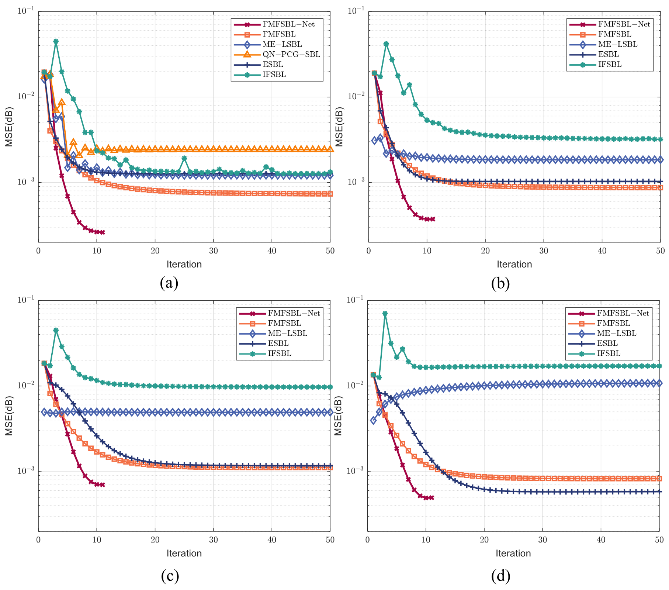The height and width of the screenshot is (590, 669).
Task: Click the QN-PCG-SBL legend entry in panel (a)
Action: coord(291,55)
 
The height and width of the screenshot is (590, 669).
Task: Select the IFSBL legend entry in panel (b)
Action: coord(610,65)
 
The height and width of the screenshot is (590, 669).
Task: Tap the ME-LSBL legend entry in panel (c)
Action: coord(287,334)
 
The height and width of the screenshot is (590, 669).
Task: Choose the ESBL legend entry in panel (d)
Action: coord(607,344)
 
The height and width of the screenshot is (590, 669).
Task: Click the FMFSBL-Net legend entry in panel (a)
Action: coord(288,25)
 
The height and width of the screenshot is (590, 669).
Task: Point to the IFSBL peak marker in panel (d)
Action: coord(385,314)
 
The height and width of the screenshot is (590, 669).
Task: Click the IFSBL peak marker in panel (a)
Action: coord(56,42)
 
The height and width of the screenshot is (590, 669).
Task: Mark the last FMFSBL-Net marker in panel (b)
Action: coord(433,219)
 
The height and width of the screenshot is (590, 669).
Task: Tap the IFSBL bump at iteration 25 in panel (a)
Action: coord(184,158)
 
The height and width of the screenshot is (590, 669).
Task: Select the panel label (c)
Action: coord(170,576)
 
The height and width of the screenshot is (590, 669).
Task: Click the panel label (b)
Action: coord(500,283)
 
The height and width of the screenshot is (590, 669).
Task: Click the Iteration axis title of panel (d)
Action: coord(513,553)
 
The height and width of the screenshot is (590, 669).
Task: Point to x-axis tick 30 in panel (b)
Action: coord(544,251)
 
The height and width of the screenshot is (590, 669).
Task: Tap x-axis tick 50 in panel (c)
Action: coord(330,540)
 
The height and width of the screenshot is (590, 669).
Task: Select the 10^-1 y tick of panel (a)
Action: coord(26,11)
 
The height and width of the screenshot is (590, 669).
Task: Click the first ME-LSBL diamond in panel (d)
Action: coord(373,420)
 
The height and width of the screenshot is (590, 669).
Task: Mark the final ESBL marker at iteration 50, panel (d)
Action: coord(659,492)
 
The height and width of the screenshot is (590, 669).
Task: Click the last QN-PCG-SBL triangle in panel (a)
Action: coord(330,149)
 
